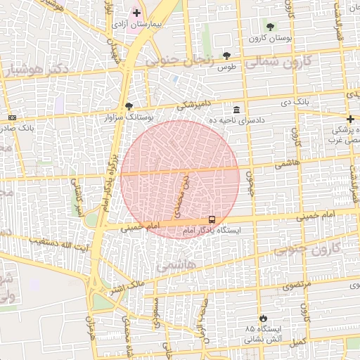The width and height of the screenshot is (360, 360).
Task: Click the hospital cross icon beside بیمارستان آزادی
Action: [136, 13]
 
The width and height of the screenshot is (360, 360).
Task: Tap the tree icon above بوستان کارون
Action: [270, 27]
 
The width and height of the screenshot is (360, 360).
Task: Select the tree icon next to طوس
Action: [226, 56]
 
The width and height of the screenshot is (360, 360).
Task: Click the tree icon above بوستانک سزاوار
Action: [129, 106]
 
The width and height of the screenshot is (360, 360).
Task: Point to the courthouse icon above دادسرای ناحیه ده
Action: [236, 110]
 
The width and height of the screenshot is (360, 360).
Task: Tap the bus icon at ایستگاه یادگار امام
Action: [212, 219]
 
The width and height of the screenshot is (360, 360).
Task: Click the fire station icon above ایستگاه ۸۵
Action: [263, 319]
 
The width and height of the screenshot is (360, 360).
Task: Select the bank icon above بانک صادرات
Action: [12, 117]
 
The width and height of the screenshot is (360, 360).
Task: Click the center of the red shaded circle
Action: [180, 179]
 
